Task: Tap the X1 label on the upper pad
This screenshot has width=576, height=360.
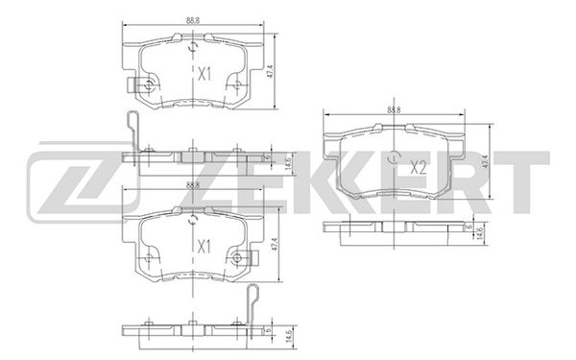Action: (x=204, y=73)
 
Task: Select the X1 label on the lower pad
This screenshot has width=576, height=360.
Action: (x=204, y=246)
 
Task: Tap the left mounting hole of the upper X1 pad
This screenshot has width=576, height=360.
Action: (x=149, y=85)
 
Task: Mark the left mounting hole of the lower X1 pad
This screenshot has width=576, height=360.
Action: (x=149, y=257)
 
